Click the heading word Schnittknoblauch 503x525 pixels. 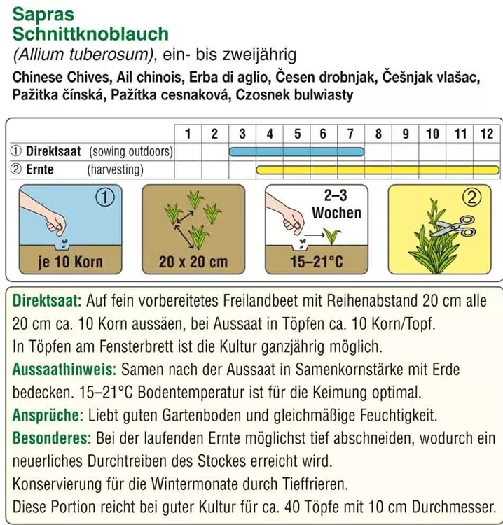pos(90,33)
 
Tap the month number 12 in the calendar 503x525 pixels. pos(486,133)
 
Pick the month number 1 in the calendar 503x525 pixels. pos(187,133)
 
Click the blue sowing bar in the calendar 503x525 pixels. pos(296,151)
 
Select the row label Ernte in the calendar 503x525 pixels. pos(41,169)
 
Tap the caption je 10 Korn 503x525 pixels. pos(70,262)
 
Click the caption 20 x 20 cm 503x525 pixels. pos(193,263)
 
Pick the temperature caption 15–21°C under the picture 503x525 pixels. pos(317,263)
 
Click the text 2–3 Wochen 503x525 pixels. pos(337,204)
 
